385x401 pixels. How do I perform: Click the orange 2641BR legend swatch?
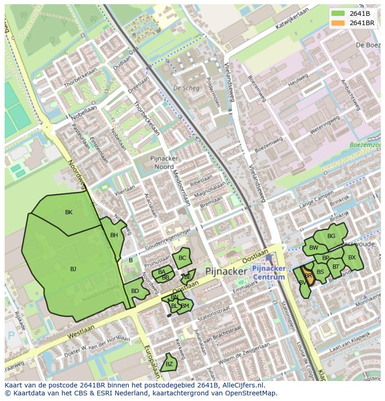(x=339, y=23)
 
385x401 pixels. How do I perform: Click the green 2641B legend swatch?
(x=339, y=14)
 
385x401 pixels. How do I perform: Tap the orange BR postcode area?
(x=308, y=276)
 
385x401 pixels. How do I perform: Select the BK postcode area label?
(x=69, y=212)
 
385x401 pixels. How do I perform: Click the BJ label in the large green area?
(x=73, y=269)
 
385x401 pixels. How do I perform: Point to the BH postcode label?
(x=114, y=236)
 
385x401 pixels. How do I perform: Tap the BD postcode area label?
(x=135, y=292)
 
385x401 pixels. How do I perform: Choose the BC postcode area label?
(x=182, y=258)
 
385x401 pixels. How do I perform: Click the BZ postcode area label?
(x=169, y=364)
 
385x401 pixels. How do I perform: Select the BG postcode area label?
(x=331, y=236)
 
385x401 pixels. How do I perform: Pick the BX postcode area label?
(x=352, y=258)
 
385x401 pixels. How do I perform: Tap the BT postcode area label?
(x=336, y=267)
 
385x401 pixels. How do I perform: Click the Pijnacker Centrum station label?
(x=269, y=273)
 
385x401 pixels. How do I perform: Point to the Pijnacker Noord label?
(x=162, y=163)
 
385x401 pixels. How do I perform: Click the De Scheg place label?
(x=186, y=88)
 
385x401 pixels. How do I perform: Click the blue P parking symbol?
(x=11, y=335)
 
